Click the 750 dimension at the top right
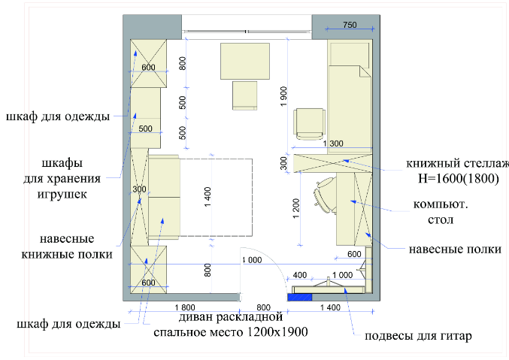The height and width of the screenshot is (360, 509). (350, 25)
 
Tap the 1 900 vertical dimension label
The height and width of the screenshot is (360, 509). (283, 96)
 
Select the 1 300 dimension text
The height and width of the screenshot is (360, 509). (333, 143)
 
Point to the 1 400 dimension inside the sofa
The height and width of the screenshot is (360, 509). (208, 197)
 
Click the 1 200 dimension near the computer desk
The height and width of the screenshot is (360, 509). (296, 208)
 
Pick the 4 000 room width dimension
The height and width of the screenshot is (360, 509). (252, 260)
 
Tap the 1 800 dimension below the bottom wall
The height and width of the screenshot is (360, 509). (185, 307)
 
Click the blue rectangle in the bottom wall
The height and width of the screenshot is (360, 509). (300, 297)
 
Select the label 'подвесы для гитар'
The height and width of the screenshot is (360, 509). (418, 336)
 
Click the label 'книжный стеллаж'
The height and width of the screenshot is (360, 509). (457, 163)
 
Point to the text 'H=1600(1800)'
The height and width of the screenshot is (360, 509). (459, 178)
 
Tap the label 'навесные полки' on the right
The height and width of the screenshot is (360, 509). (455, 250)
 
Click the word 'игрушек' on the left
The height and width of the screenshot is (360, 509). (62, 194)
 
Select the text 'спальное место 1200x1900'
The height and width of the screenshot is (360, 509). (231, 332)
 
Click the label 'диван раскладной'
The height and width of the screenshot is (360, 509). (231, 316)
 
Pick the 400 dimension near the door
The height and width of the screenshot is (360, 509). (300, 275)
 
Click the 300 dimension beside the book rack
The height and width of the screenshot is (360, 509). (283, 163)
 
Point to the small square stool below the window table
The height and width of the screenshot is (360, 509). (245, 95)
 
